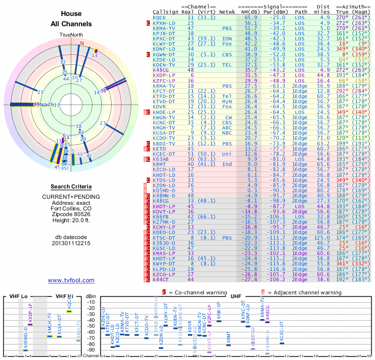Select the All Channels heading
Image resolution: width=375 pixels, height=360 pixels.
point(71,24)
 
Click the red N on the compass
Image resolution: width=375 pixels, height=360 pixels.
point(82,43)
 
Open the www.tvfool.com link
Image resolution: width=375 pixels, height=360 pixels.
point(71,280)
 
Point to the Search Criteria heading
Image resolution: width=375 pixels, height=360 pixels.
point(71,187)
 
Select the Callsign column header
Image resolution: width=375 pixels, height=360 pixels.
point(165,11)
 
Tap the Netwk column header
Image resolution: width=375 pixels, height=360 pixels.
point(227,11)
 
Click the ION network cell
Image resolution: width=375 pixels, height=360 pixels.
point(227,38)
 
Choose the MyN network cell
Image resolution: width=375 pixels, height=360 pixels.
point(227,101)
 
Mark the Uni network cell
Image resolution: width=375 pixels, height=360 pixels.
point(227,154)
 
